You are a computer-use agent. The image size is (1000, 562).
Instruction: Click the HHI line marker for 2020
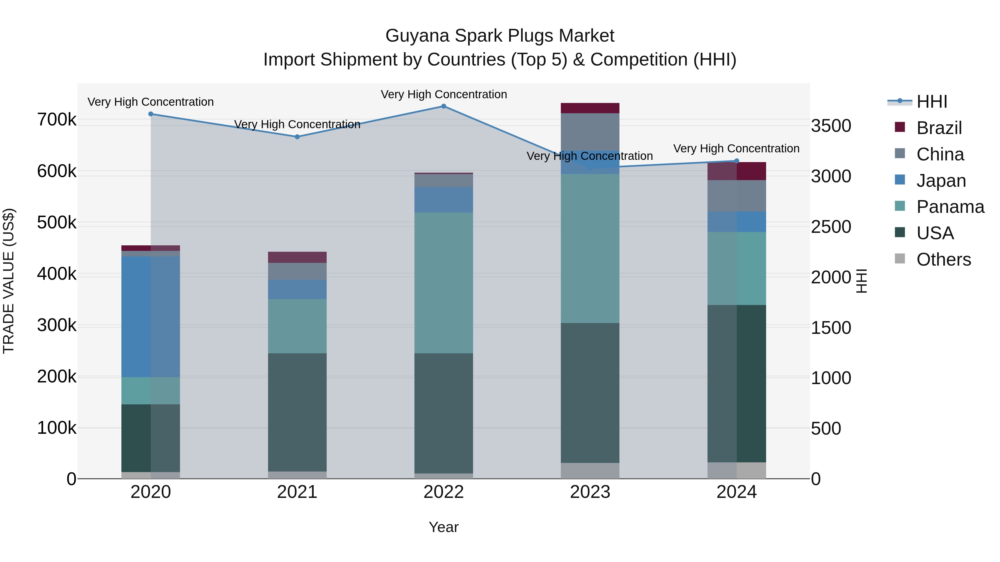151,114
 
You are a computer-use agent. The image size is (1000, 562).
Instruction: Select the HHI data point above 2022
444,106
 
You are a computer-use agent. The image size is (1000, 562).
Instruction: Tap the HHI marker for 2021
297,137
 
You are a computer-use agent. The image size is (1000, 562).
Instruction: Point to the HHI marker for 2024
737,161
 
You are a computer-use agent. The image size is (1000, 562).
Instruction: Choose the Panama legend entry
950,207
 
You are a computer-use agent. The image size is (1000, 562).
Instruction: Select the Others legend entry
943,259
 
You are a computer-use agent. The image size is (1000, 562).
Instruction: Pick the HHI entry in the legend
932,102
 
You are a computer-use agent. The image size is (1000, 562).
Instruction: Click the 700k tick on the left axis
57,120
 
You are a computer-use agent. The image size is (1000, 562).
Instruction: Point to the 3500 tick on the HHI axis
831,126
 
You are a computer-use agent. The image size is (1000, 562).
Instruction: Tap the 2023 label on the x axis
590,492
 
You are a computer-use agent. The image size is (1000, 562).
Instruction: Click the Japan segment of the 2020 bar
151,316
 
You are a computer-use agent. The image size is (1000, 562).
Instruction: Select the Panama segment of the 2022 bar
444,283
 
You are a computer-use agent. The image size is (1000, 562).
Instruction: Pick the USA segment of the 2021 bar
297,412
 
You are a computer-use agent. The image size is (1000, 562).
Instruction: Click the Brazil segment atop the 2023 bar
590,108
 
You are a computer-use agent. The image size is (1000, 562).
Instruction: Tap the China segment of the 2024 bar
737,196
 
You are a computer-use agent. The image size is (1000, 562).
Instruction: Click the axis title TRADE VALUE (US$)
9,281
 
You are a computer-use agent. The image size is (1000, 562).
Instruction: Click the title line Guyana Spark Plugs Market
500,36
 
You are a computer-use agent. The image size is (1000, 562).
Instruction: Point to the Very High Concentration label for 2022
444,95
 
